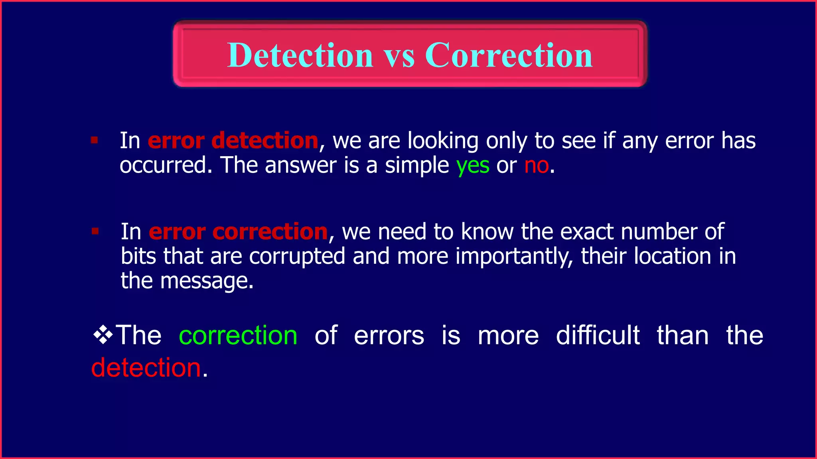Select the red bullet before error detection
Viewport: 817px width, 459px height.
tap(95, 140)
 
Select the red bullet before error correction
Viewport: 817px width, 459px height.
tap(95, 231)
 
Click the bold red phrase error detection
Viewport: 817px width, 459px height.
tap(233, 141)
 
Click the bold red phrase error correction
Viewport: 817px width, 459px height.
tap(238, 231)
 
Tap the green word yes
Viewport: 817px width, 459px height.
tap(473, 166)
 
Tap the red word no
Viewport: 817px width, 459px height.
tap(537, 165)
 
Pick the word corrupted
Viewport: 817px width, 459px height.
tap(297, 257)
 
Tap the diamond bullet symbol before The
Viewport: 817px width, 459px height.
tap(103, 335)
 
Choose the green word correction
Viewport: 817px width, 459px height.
tap(238, 335)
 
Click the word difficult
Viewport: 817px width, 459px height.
tap(598, 335)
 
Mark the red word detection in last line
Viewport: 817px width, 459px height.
tap(146, 367)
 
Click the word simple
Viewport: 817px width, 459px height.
tap(417, 166)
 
